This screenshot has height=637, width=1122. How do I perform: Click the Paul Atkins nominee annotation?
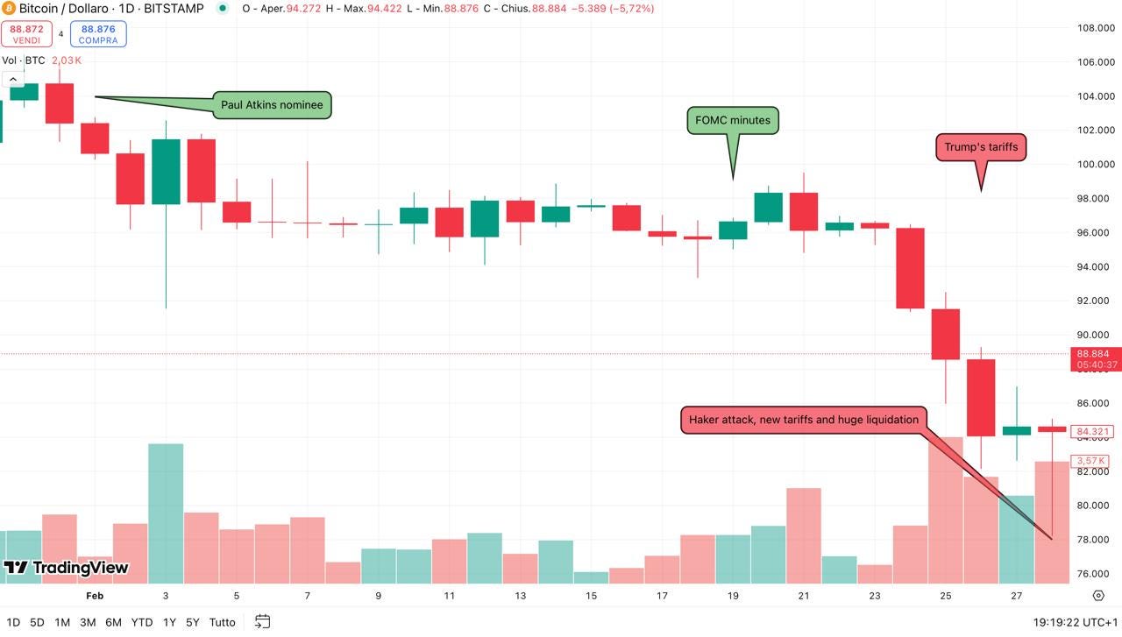click(272, 105)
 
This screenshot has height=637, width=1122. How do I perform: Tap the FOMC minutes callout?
click(733, 121)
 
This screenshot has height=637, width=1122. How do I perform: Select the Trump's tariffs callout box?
click(981, 147)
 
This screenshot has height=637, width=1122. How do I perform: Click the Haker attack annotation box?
click(804, 420)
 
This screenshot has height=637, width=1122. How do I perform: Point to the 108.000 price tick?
click(1095, 28)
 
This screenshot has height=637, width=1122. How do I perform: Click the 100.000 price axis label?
click(1095, 165)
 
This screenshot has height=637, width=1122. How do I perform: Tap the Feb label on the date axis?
click(95, 596)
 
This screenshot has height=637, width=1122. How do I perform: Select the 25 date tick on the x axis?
click(946, 596)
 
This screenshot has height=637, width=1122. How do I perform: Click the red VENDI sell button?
click(27, 34)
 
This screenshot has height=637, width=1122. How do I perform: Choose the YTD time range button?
click(142, 622)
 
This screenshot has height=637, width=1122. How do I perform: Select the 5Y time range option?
click(193, 622)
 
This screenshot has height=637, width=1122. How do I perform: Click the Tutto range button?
click(223, 622)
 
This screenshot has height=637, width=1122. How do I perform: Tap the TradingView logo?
click(67, 568)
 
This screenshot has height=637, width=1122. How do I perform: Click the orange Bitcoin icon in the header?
click(9, 9)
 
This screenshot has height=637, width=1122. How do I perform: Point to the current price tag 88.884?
click(1094, 354)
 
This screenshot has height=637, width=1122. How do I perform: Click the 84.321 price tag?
click(1094, 431)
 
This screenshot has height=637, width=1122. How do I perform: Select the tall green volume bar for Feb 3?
click(166, 513)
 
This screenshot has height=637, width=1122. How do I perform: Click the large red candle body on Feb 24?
click(910, 268)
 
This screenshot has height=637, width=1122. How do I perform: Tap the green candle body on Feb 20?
click(768, 208)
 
